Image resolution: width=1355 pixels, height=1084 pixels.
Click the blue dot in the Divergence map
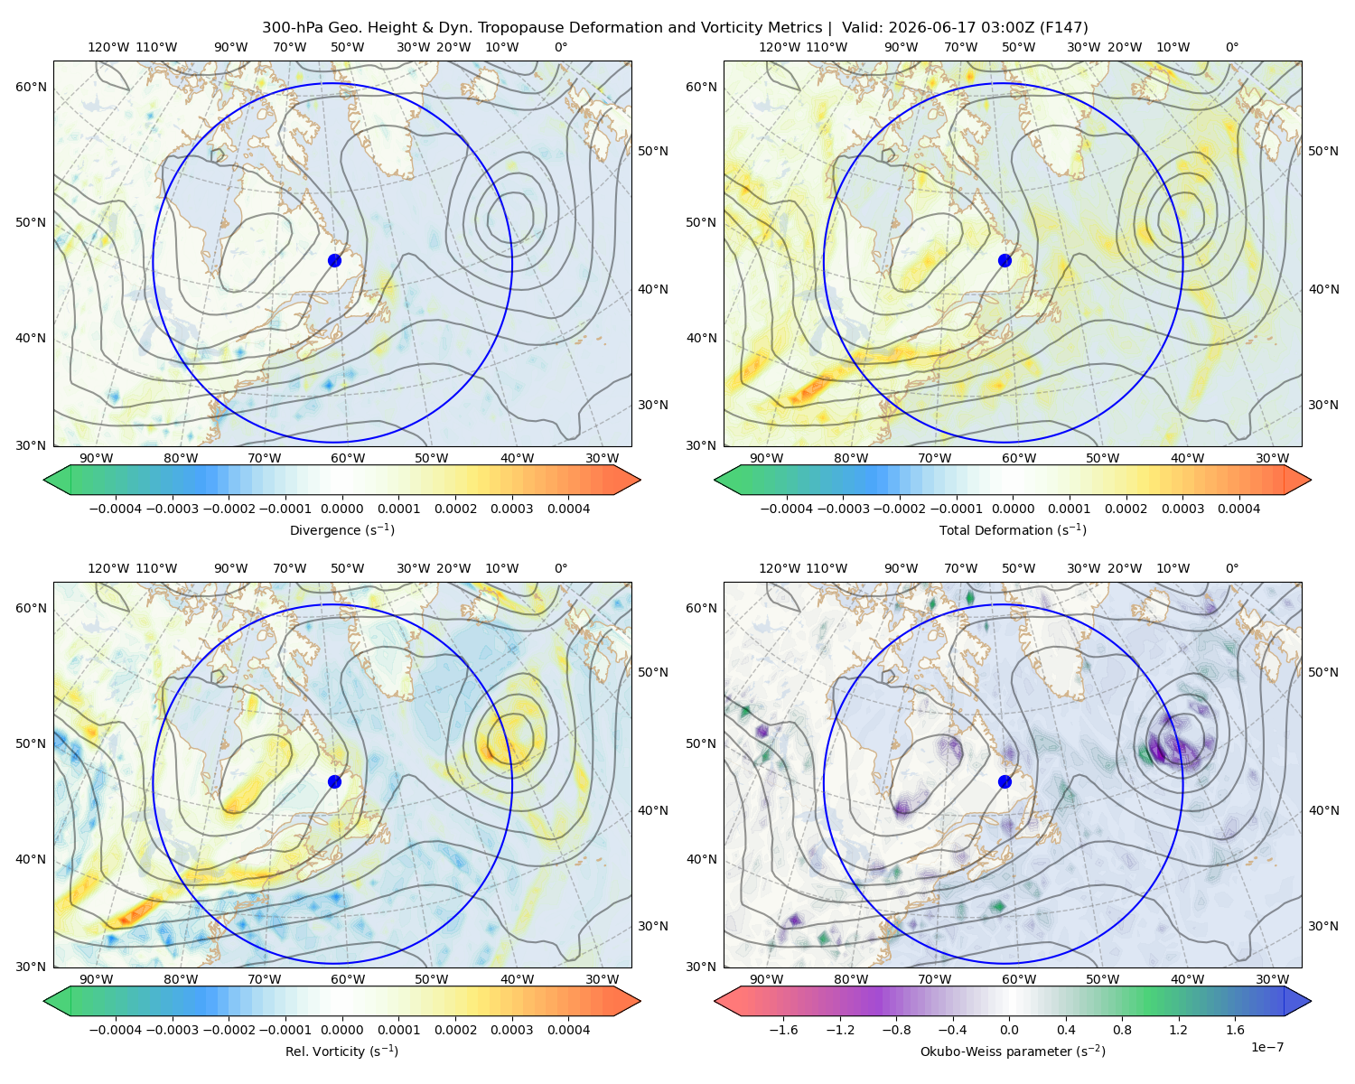click(334, 261)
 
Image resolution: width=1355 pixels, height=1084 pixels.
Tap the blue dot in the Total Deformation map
click(1005, 261)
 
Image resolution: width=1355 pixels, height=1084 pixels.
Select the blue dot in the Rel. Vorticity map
click(334, 781)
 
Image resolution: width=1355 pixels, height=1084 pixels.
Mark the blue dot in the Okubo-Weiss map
click(1005, 781)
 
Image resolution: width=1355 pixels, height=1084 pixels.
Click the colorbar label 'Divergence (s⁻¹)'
click(341, 530)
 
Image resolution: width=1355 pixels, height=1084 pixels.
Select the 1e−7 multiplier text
click(1266, 1047)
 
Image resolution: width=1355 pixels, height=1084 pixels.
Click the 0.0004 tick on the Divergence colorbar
click(568, 509)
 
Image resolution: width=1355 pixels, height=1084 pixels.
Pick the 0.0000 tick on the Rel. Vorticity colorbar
click(341, 1030)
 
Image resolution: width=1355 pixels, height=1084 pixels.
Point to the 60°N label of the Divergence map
click(31, 87)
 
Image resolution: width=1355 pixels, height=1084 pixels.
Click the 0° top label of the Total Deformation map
click(1231, 47)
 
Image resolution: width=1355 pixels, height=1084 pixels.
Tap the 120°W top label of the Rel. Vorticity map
click(108, 568)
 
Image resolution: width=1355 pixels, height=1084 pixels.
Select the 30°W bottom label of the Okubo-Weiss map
click(1273, 979)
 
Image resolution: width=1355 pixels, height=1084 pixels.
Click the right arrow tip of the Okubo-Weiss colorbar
click(1311, 1001)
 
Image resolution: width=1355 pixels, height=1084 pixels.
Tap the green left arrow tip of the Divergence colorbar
click(44, 480)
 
